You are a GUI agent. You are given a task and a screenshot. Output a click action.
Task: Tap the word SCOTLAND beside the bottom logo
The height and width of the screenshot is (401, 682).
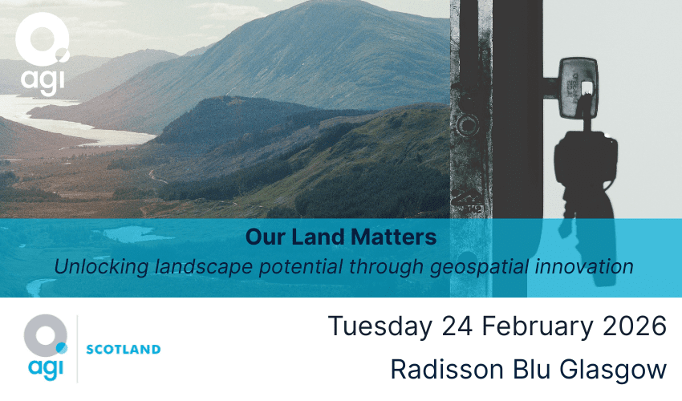[x=123, y=350]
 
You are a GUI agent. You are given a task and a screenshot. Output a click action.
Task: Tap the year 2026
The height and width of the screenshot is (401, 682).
[x=637, y=326]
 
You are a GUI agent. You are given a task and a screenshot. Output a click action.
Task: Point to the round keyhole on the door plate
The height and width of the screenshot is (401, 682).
[x=465, y=124]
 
